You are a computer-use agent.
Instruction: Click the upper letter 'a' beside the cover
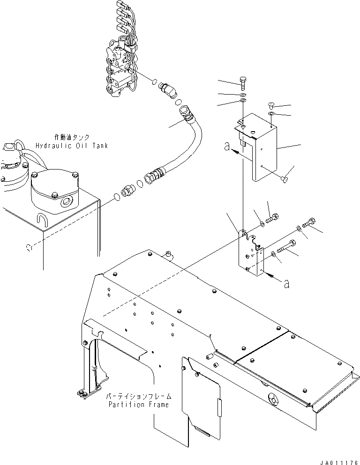[x=227, y=147]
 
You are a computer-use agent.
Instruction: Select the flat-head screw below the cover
[x=285, y=177]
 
